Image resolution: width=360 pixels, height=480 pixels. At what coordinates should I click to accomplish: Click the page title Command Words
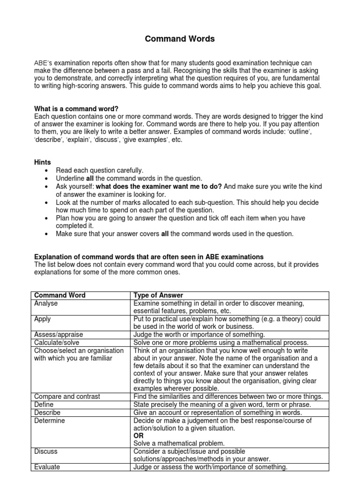click(x=180, y=39)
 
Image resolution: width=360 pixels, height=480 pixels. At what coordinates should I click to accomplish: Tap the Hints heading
click(x=43, y=162)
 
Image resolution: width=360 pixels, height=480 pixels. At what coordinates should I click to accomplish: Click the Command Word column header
click(x=60, y=295)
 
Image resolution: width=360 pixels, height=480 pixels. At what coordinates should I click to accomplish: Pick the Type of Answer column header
click(x=158, y=295)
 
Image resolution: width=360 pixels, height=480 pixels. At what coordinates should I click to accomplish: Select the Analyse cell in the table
click(x=46, y=303)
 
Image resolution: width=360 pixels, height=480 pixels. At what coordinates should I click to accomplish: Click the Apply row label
click(x=43, y=319)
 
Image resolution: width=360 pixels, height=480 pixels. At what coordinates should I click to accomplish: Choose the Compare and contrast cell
click(x=67, y=396)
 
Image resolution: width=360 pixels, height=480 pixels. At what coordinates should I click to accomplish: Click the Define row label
click(x=44, y=404)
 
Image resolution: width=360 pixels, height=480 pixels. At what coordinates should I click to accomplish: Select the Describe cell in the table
click(x=47, y=412)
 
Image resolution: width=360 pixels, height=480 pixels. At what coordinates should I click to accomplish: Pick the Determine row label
click(x=50, y=420)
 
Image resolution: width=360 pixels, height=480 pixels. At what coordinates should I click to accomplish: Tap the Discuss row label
click(x=46, y=451)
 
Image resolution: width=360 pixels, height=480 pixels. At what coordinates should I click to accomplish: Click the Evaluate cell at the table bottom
click(x=47, y=467)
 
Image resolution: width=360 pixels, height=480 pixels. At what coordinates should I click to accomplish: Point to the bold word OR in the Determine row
click(x=139, y=435)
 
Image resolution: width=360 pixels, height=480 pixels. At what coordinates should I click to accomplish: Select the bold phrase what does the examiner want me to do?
click(x=159, y=186)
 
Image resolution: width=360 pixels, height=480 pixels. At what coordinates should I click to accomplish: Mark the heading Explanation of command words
click(x=149, y=257)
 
